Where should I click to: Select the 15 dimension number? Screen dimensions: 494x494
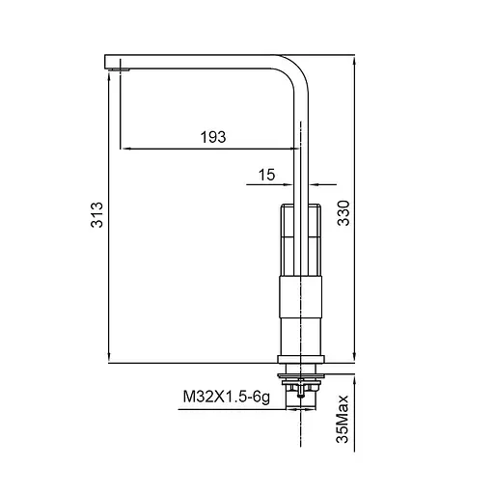267,174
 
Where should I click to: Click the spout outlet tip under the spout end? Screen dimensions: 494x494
120,69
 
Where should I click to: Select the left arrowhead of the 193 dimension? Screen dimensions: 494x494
124,149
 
